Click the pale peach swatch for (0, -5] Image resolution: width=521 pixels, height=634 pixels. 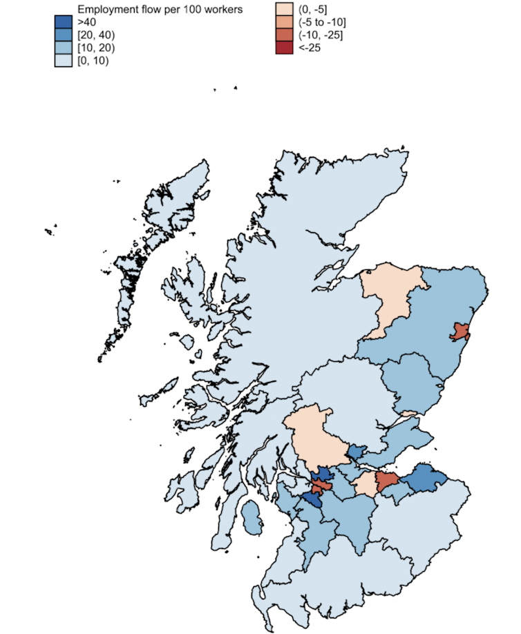(x=283, y=10)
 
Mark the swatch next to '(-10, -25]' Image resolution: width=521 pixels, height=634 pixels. (x=283, y=35)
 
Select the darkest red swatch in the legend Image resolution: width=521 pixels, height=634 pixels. (x=283, y=47)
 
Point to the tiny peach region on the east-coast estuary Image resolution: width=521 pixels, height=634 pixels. (x=410, y=413)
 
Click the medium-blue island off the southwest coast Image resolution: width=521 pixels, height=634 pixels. (x=253, y=519)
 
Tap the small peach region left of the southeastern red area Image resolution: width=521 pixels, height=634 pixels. (x=366, y=485)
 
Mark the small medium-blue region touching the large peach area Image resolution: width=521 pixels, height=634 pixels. (x=356, y=452)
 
